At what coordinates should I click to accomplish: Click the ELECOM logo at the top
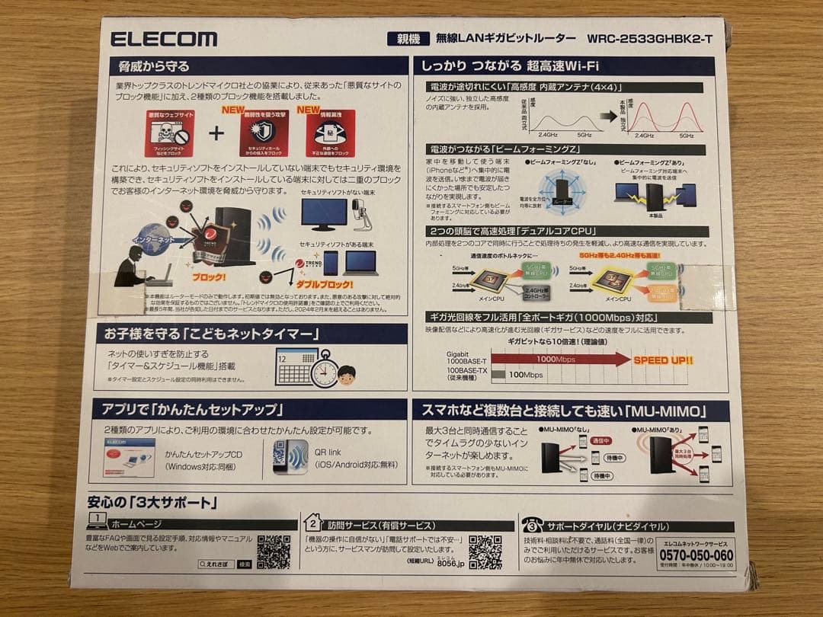[x=163, y=39]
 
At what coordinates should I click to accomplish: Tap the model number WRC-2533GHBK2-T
[x=650, y=38]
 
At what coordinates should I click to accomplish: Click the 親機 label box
[x=403, y=38]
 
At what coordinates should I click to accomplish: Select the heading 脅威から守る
[x=149, y=66]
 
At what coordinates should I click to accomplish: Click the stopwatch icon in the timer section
[x=324, y=368]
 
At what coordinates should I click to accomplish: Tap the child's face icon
[x=347, y=375]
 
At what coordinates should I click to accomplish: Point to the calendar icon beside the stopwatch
[x=295, y=364]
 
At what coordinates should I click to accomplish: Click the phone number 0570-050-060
[x=695, y=555]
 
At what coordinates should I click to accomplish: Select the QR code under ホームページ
[x=274, y=551]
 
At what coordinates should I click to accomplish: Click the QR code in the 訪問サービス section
[x=485, y=551]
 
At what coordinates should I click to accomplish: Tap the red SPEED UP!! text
[x=663, y=360]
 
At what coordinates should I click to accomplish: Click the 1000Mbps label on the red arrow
[x=555, y=359]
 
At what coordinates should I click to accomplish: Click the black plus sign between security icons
[x=216, y=133]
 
